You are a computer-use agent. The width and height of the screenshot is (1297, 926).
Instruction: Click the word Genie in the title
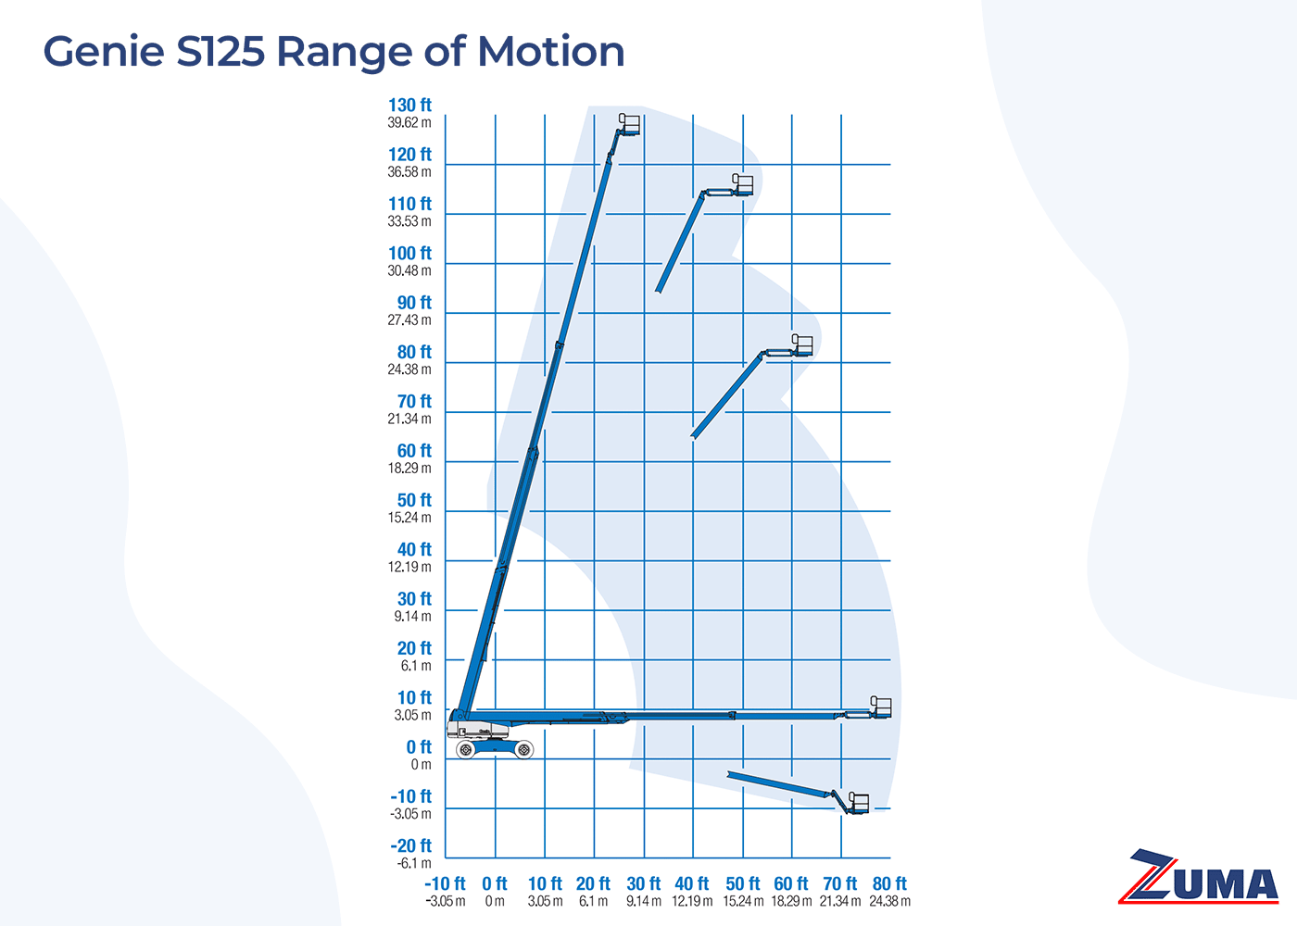click(104, 52)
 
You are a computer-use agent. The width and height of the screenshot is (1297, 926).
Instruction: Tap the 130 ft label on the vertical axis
click(409, 106)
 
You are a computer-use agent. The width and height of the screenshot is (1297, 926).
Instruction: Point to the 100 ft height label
click(409, 254)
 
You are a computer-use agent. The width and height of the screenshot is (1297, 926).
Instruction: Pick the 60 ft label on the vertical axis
click(414, 451)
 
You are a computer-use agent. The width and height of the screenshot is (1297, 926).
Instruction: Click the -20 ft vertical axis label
click(410, 846)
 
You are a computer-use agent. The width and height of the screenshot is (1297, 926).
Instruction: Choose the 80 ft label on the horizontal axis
click(889, 884)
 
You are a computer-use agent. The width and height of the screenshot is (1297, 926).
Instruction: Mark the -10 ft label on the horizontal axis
click(445, 884)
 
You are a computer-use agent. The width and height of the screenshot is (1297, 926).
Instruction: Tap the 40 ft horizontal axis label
click(692, 884)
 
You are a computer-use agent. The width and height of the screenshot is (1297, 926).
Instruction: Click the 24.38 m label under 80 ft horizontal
click(889, 902)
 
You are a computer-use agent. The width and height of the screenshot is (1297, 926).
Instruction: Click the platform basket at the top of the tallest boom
click(630, 124)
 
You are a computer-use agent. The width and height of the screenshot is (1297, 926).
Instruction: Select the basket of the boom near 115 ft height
click(743, 184)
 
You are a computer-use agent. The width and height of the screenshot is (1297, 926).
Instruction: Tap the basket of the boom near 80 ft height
click(802, 345)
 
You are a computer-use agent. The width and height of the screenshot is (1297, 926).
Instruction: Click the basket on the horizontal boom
click(881, 707)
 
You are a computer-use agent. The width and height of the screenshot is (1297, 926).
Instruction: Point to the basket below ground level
click(859, 804)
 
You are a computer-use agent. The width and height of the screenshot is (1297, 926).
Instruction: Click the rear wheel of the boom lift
click(466, 749)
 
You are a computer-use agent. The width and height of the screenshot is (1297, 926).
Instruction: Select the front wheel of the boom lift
click(524, 749)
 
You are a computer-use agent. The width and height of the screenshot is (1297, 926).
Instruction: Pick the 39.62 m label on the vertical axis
click(409, 123)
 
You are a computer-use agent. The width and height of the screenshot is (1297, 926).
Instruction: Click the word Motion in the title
click(551, 52)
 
